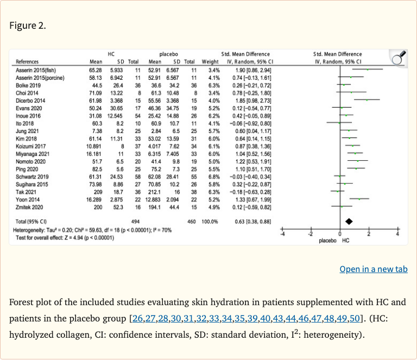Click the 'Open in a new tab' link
tap(373, 269)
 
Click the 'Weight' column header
tap(210, 62)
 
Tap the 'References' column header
tap(27, 62)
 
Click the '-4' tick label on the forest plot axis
tap(281, 234)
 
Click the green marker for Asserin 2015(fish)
tap(368, 70)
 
